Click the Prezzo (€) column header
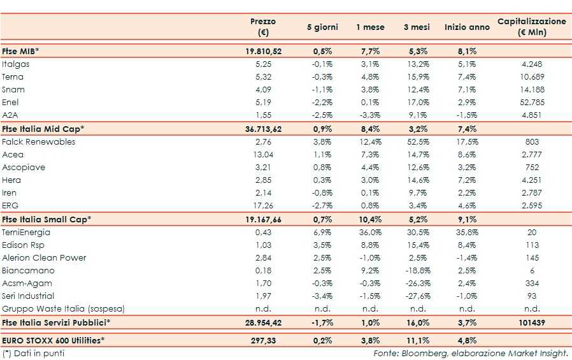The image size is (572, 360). (263, 27)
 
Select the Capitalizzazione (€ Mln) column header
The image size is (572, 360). (531, 27)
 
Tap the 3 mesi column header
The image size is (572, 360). (415, 27)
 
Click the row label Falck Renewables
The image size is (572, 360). (38, 142)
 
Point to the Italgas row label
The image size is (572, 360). (16, 64)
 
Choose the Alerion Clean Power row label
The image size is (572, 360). (44, 258)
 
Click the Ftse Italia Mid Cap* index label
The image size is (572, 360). (43, 129)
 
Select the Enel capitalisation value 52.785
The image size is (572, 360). (532, 103)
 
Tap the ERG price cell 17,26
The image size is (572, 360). (263, 206)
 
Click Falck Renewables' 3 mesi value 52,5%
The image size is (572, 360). (418, 142)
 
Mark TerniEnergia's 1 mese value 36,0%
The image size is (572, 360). (370, 233)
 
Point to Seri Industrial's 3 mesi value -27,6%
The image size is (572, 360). (418, 296)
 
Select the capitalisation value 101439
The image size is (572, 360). (532, 323)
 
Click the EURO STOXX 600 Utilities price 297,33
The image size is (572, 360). (263, 341)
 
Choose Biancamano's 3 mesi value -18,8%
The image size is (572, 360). (418, 271)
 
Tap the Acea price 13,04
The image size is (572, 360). (263, 155)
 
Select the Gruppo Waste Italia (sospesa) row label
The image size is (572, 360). (63, 309)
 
